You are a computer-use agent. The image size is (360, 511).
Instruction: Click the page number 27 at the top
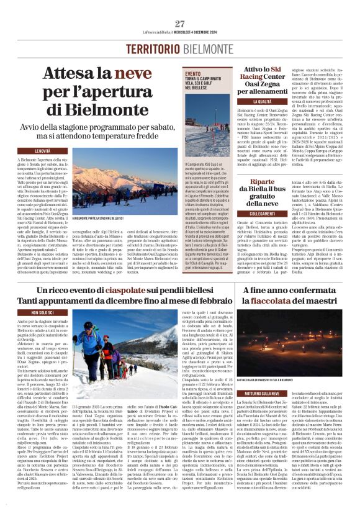click(180, 24)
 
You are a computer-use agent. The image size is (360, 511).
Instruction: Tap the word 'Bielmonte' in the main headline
click(117, 110)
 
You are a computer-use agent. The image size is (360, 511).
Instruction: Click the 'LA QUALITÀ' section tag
click(263, 101)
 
